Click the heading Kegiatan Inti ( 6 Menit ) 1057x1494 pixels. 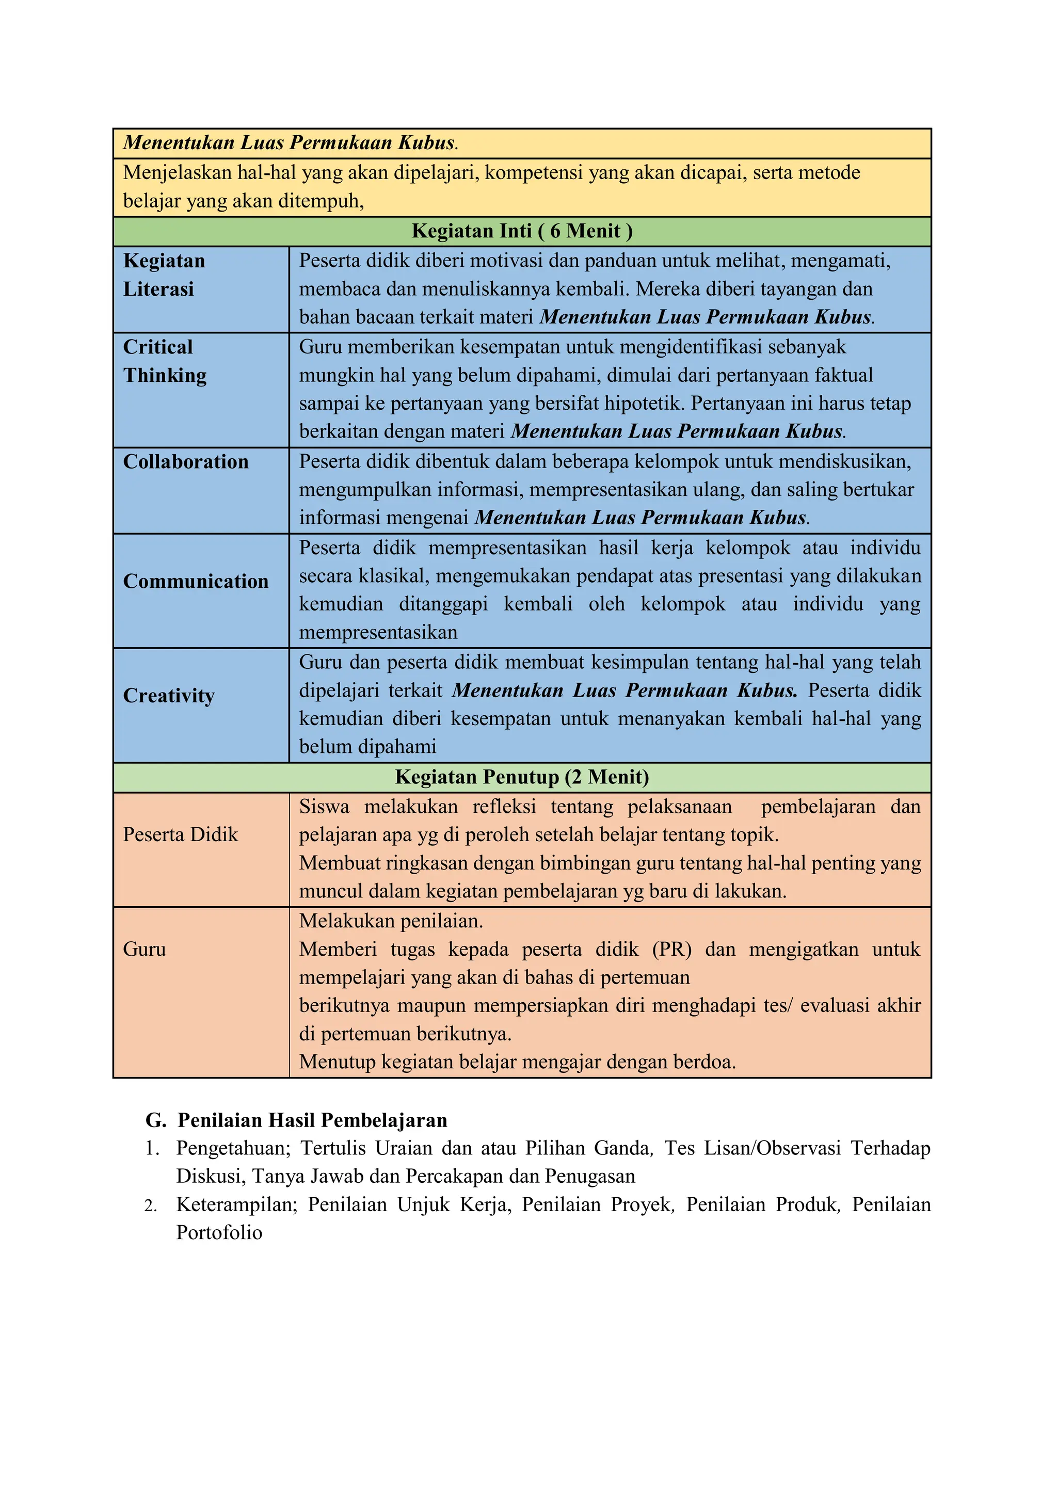522,231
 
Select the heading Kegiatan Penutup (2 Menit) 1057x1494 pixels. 522,777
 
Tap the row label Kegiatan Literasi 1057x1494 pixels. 164,275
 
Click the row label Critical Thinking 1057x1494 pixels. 164,361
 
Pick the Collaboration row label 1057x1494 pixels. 185,461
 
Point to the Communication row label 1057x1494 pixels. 195,581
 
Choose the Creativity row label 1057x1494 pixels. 169,695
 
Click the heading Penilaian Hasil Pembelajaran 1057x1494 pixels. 312,1120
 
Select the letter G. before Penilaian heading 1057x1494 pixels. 155,1120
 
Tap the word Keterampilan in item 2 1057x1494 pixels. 236,1204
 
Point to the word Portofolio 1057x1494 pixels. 219,1232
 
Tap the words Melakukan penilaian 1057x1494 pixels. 391,921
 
